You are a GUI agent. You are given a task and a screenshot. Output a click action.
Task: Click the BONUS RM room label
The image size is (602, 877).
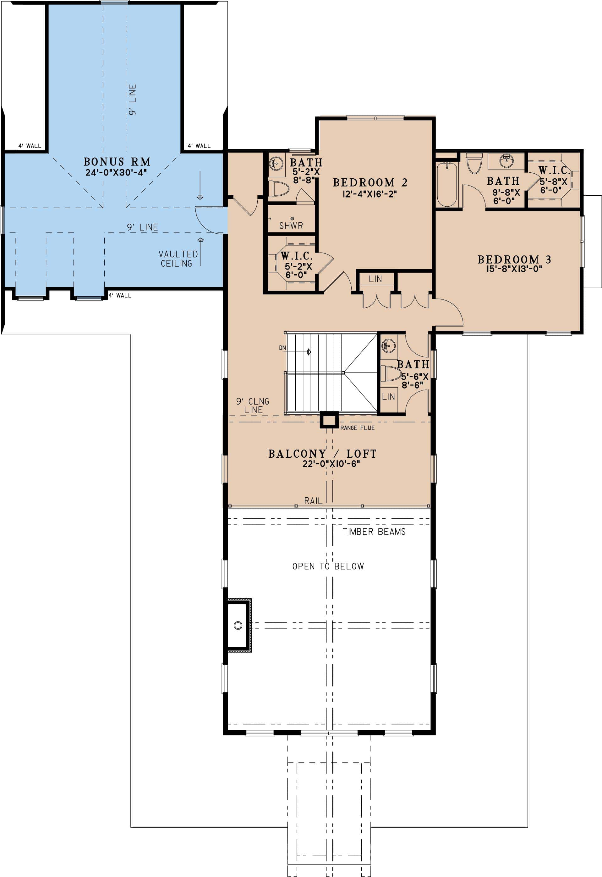pyautogui.click(x=117, y=162)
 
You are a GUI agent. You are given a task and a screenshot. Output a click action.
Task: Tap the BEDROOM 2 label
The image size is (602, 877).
pyautogui.click(x=370, y=183)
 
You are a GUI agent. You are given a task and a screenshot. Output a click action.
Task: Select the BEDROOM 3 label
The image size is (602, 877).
pyautogui.click(x=514, y=260)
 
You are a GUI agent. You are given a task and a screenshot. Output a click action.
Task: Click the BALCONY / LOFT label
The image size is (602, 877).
pyautogui.click(x=322, y=454)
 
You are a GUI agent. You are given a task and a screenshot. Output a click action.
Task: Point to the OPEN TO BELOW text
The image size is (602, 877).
pyautogui.click(x=328, y=566)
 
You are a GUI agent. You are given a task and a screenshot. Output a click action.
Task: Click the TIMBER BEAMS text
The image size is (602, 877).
pyautogui.click(x=374, y=532)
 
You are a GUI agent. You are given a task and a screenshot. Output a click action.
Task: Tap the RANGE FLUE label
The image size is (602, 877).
pyautogui.click(x=357, y=428)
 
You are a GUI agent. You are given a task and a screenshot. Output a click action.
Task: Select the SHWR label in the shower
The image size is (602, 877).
pyautogui.click(x=291, y=226)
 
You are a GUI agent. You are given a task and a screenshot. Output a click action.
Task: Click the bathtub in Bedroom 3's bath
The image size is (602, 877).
pyautogui.click(x=447, y=184)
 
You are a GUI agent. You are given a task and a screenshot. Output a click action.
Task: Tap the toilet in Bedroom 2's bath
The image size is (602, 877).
pyautogui.click(x=278, y=188)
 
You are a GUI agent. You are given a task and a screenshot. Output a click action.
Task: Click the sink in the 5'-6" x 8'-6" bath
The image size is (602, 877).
pyautogui.click(x=389, y=345)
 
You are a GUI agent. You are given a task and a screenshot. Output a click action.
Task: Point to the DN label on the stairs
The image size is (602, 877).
pyautogui.click(x=282, y=348)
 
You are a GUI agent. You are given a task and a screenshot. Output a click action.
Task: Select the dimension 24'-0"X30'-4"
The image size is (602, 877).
pyautogui.click(x=116, y=172)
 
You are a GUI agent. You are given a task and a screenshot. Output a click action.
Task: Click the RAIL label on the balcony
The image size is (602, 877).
pyautogui.click(x=313, y=501)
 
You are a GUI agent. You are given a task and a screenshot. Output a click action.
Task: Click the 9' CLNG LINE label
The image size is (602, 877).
pyautogui.click(x=253, y=405)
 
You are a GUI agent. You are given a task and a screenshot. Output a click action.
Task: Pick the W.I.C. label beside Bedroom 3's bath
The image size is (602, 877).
pyautogui.click(x=554, y=170)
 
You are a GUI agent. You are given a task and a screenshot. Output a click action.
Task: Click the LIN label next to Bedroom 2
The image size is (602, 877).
pyautogui.click(x=375, y=279)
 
